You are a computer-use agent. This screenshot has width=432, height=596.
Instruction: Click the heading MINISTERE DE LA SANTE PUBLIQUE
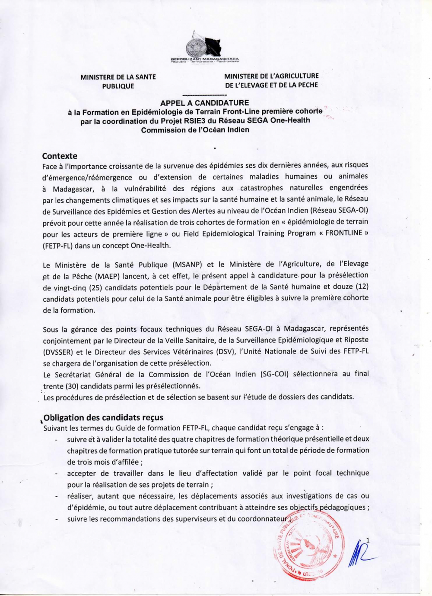[x=118, y=82]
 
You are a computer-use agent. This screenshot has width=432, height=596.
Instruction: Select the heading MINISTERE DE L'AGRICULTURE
[x=271, y=76]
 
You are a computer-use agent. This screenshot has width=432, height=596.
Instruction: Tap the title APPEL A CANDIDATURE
[x=204, y=103]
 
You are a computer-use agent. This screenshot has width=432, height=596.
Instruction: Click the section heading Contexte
[x=60, y=156]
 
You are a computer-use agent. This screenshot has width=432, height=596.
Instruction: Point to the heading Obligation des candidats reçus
[x=104, y=417]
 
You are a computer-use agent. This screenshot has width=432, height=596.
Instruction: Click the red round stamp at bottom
[x=305, y=544]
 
